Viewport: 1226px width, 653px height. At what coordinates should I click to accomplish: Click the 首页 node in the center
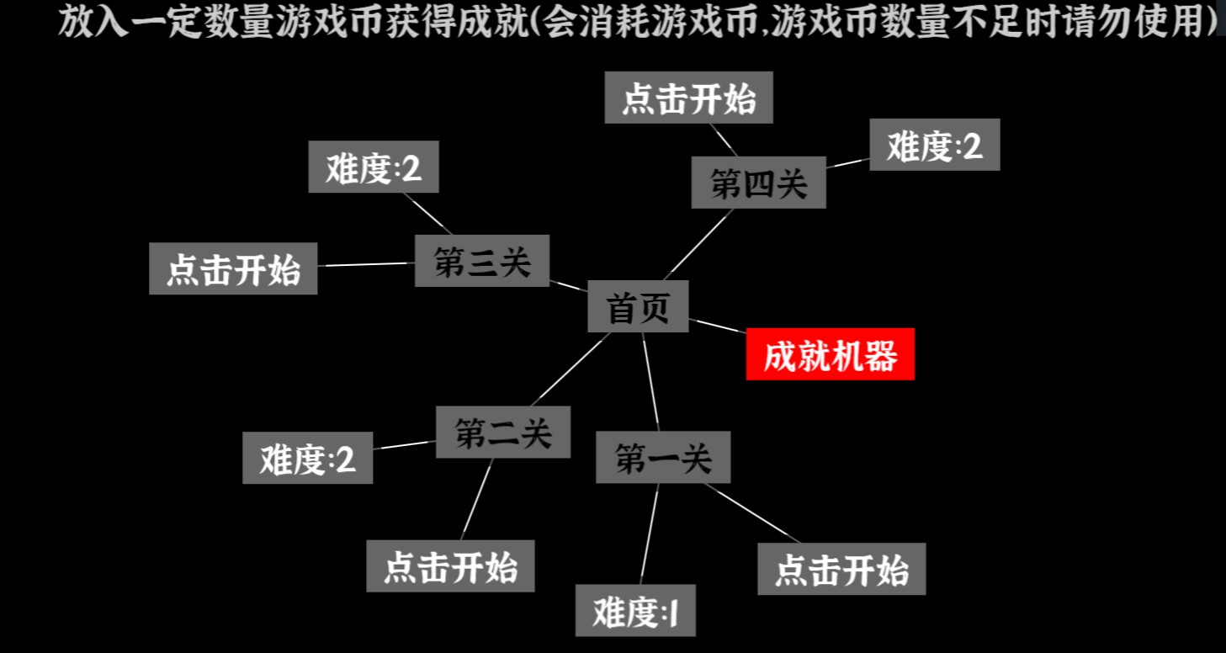[x=638, y=306]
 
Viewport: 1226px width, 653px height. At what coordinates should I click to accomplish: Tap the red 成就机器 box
[x=831, y=354]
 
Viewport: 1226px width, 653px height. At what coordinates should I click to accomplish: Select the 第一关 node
[x=663, y=457]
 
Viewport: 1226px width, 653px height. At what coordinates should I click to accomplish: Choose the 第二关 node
[x=503, y=432]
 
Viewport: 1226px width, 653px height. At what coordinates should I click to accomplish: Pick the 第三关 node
[x=481, y=261]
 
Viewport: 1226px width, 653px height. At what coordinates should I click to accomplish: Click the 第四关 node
[x=759, y=183]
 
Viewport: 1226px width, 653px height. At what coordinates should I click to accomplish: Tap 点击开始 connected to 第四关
[x=688, y=98]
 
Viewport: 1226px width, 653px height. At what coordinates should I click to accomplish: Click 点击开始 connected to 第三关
[x=233, y=268]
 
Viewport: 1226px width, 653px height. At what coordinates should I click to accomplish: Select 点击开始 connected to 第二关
[x=450, y=566]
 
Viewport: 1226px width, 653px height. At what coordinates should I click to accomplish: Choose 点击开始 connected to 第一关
[x=841, y=569]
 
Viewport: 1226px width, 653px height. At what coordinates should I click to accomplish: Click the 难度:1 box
[x=635, y=610]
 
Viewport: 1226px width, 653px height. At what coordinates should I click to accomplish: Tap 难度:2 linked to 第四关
[x=935, y=145]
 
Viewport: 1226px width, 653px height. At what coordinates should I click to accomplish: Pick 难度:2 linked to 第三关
[x=374, y=167]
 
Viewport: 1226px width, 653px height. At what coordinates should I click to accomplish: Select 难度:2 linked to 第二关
[x=308, y=458]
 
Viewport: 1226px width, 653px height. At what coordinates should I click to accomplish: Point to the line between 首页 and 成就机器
[x=718, y=326]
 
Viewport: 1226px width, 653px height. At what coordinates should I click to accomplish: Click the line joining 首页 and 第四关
[x=698, y=244]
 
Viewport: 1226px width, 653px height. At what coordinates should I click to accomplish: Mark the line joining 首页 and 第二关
[x=571, y=369]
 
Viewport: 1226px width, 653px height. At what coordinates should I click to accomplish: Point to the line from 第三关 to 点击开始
[x=366, y=264]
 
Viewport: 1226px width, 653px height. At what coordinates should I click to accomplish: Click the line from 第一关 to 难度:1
[x=650, y=534]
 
